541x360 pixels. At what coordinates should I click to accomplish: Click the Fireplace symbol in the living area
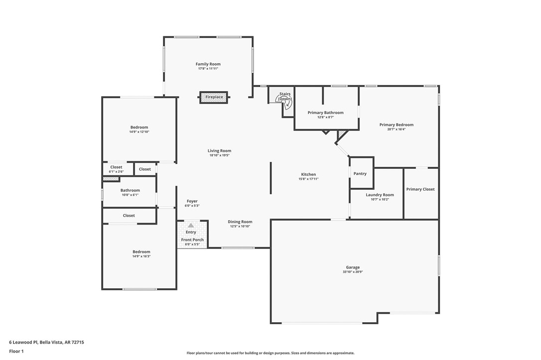tap(214, 97)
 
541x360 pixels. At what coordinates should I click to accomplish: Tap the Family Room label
tap(208, 64)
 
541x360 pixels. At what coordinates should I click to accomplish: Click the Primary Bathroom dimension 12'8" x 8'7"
tap(325, 118)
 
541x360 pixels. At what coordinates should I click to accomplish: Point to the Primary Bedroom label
tap(396, 125)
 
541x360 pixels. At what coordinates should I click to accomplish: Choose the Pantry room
tap(360, 174)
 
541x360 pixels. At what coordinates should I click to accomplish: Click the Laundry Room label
tap(380, 195)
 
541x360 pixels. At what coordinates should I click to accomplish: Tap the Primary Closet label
tap(420, 189)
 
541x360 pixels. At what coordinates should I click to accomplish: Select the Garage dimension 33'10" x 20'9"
tap(353, 272)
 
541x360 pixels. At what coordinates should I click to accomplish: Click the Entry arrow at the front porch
tap(191, 226)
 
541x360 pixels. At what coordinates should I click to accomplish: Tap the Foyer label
tap(192, 201)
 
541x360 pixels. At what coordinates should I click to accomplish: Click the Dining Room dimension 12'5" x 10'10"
tap(240, 226)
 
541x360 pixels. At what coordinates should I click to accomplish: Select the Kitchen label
tap(308, 174)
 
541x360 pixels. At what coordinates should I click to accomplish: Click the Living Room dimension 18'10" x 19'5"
tap(219, 155)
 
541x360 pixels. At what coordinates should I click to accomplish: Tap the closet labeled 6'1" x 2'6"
tap(116, 172)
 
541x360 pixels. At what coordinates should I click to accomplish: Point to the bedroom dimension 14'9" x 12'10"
tap(139, 132)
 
